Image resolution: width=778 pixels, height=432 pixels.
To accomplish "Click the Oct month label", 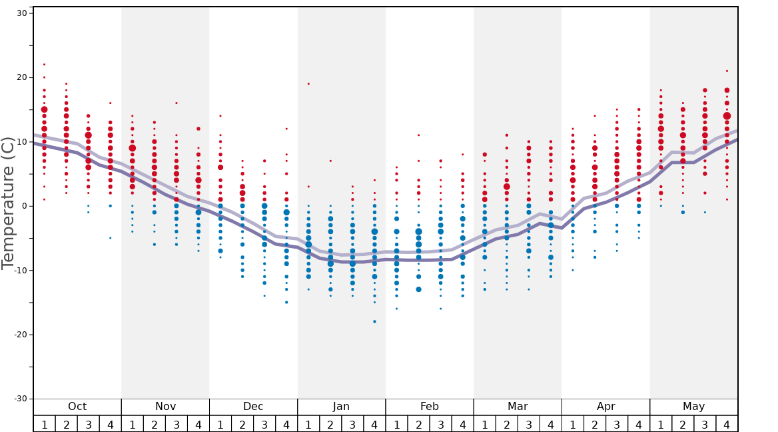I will tap(77, 407).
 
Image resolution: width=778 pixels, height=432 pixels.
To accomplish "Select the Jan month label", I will tap(341, 407).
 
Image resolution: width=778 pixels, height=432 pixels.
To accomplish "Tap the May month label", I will tap(693, 407).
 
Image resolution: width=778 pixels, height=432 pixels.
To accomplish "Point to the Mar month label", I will tap(518, 407).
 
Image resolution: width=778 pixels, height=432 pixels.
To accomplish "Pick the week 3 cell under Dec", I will tap(264, 424).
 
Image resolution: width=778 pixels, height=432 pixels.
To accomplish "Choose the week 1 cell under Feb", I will tap(396, 424).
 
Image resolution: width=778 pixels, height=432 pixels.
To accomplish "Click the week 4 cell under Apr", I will tap(639, 424).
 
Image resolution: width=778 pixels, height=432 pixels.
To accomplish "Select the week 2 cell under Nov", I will tap(155, 424).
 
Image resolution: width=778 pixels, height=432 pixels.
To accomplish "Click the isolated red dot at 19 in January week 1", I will tap(308, 83).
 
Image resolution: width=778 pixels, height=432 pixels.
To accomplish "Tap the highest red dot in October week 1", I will tap(44, 65).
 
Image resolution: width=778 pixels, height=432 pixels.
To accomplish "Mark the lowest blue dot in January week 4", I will tap(374, 321).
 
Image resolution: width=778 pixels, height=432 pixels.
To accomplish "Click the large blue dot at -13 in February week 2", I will tap(418, 289).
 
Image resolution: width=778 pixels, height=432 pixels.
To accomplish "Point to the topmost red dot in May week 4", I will tap(727, 71).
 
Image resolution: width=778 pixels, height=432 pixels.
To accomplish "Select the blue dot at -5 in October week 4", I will tap(110, 238).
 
